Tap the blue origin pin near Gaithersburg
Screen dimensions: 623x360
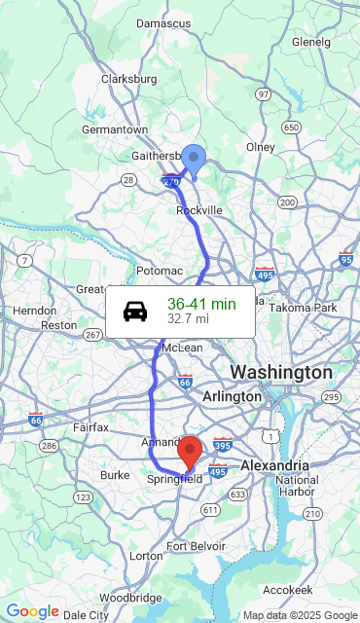point(195,159)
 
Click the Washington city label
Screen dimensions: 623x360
point(280,372)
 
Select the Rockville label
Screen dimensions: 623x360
point(199,209)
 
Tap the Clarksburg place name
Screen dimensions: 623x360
point(128,79)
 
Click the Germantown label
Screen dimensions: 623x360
point(115,129)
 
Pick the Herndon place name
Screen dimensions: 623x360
point(35,310)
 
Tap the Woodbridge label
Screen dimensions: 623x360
point(129,597)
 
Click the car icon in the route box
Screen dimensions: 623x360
point(135,311)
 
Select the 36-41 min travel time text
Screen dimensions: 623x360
point(201,304)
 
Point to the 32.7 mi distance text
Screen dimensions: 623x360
point(188,318)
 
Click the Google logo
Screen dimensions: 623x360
point(33,611)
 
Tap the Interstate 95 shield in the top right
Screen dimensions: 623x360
point(345,259)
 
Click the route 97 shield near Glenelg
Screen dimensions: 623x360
point(263,94)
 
